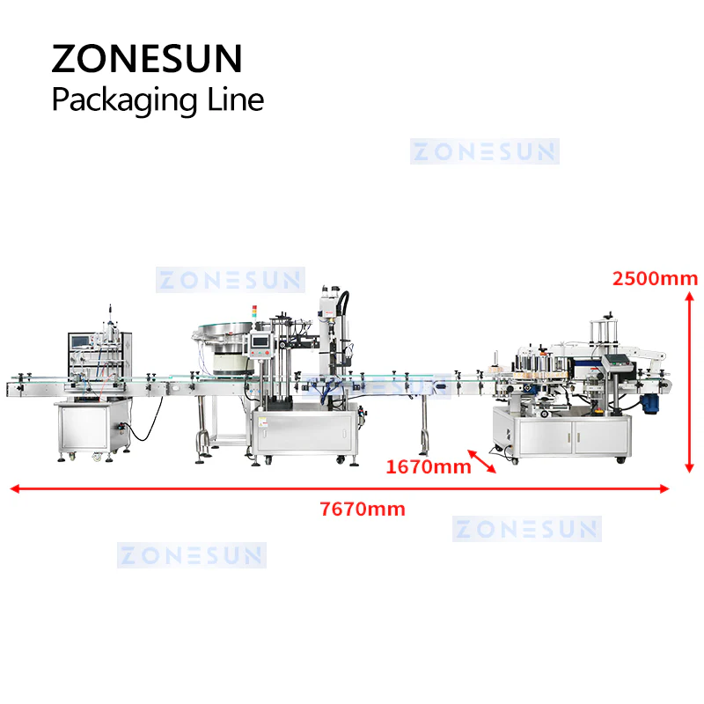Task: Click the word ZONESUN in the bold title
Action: click(147, 58)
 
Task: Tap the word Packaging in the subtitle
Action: click(124, 100)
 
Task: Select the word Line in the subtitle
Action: click(235, 99)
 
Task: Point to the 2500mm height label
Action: click(655, 279)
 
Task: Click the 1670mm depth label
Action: click(429, 467)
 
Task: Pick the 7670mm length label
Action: click(363, 510)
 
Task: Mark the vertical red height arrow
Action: click(690, 382)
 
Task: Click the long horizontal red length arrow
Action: click(340, 488)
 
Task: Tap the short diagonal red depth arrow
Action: click(481, 461)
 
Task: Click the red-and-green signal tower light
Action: click(254, 312)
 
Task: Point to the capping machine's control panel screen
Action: click(260, 341)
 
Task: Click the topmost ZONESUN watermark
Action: click(485, 151)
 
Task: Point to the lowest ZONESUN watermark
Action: click(192, 555)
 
